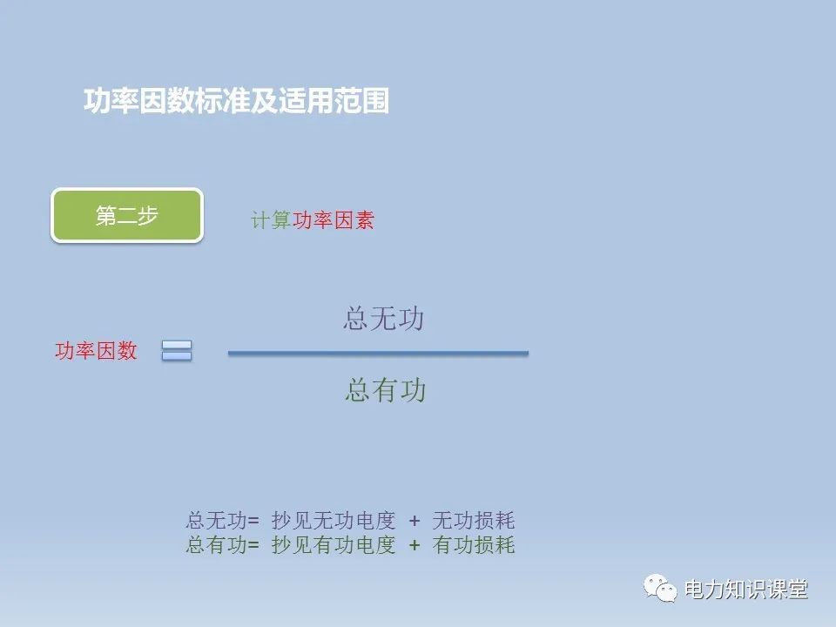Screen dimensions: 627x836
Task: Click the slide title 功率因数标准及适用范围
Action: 236,101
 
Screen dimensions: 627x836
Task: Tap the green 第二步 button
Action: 127,216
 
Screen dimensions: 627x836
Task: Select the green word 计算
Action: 271,220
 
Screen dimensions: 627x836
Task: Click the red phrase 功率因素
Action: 334,220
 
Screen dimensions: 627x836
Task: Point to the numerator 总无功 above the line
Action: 383,319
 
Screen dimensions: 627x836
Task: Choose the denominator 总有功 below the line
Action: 385,390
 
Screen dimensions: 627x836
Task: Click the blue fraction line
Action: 378,353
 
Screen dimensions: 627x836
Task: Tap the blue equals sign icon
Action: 176,351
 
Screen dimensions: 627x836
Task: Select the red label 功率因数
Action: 96,351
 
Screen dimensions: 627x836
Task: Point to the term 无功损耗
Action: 474,521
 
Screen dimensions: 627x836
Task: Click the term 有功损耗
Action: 474,545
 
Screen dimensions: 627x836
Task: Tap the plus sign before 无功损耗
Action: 415,521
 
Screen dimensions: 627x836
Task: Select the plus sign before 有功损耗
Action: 415,545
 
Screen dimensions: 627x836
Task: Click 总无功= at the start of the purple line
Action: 222,521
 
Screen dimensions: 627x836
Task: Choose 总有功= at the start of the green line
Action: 222,545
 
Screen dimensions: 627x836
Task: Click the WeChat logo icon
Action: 661,589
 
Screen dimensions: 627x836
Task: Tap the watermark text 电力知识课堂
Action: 746,590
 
